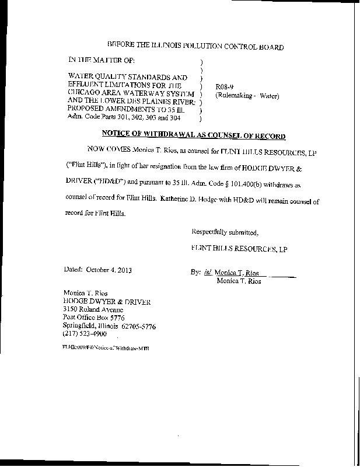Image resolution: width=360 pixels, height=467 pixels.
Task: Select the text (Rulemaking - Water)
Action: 247,95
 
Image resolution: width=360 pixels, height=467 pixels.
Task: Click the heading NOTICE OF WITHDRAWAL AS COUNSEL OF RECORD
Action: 194,136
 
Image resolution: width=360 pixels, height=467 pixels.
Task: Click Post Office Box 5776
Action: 93,318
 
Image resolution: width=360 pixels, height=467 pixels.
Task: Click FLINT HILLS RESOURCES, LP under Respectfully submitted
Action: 239,249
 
